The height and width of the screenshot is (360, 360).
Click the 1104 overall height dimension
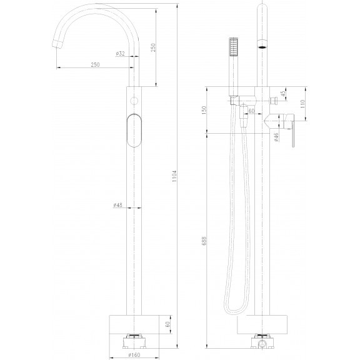click(x=174, y=176)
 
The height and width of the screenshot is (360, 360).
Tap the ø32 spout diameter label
click(x=120, y=54)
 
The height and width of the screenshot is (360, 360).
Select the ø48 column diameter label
click(x=117, y=205)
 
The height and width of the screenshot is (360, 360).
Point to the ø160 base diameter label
click(x=134, y=355)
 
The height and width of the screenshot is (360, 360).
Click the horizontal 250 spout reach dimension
click(x=95, y=65)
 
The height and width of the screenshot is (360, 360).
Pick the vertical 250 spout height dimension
click(x=153, y=47)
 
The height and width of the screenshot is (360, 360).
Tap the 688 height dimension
click(x=204, y=241)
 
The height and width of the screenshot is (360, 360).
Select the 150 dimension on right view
click(x=204, y=111)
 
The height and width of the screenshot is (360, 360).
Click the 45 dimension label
click(x=283, y=94)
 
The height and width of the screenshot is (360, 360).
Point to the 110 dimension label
click(x=302, y=104)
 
